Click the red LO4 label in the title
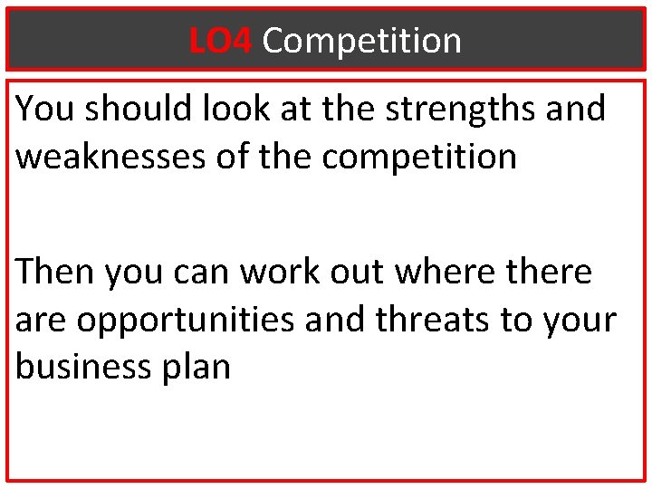click(x=221, y=41)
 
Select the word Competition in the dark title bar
click(x=362, y=41)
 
